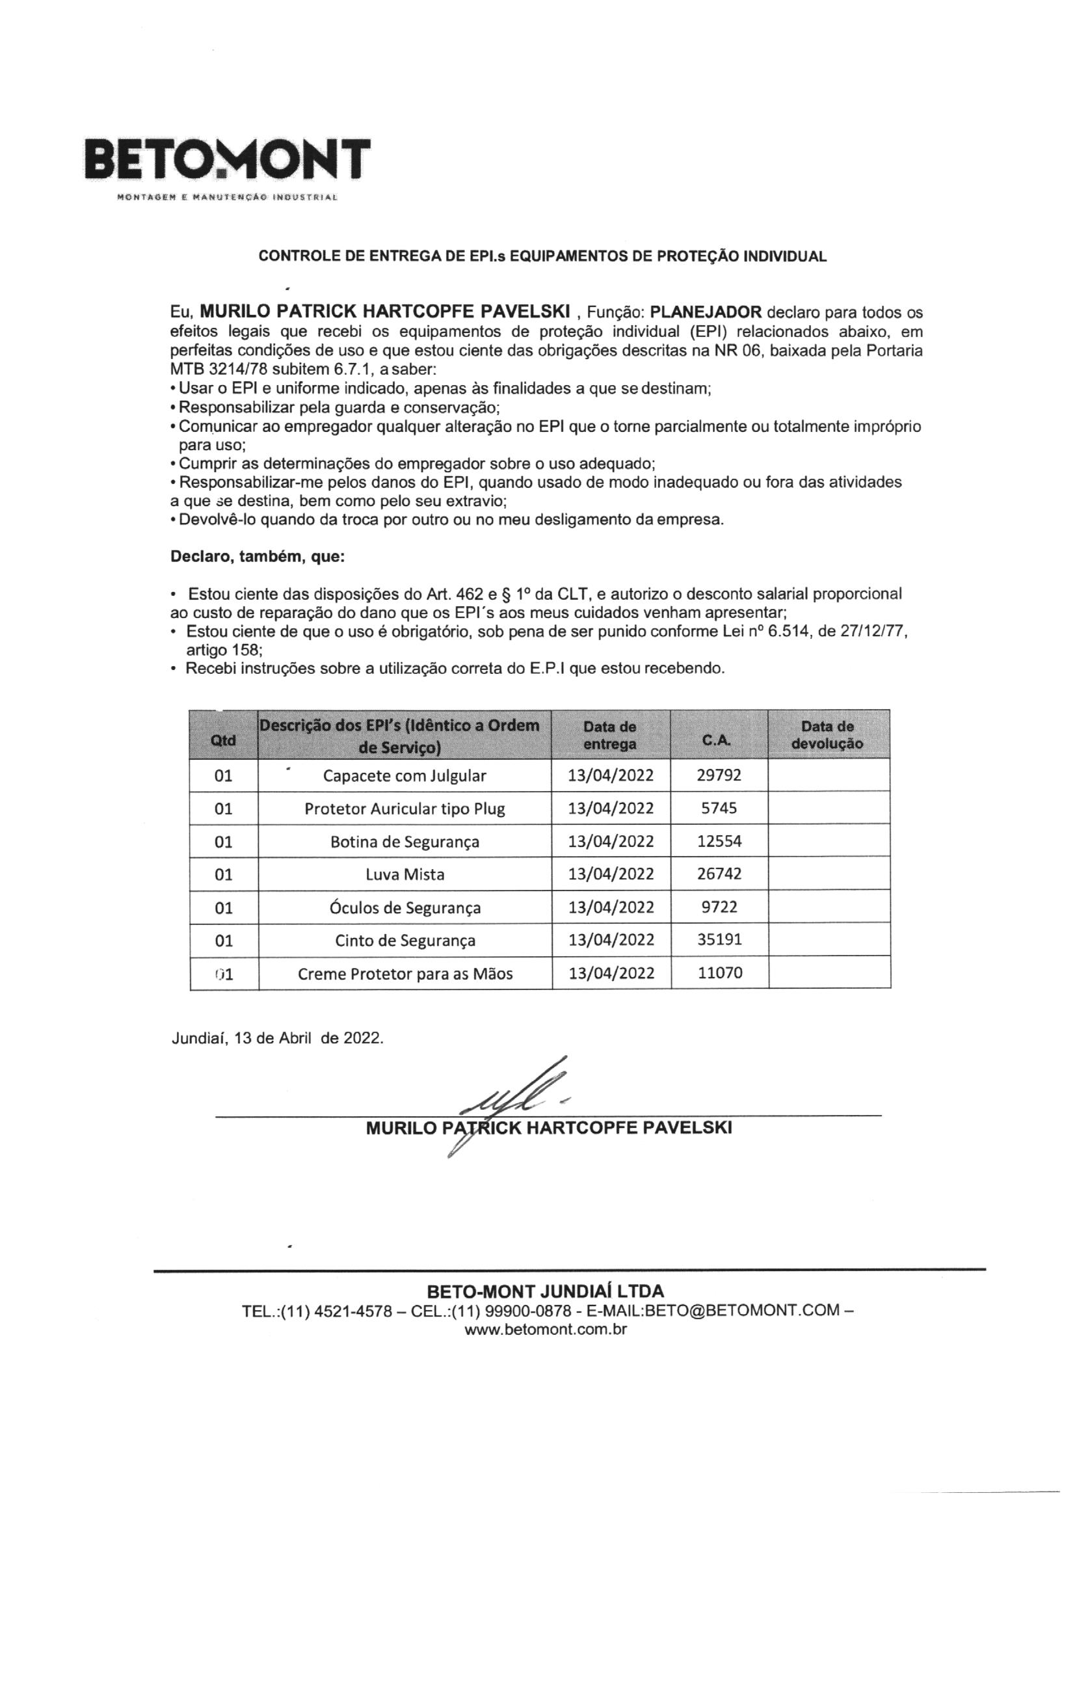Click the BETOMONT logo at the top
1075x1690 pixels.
(x=227, y=160)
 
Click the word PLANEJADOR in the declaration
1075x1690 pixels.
(x=706, y=312)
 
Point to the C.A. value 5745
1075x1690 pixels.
(x=719, y=808)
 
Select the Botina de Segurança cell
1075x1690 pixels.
(x=405, y=842)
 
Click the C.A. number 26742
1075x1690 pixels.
(x=719, y=874)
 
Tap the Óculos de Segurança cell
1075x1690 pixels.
(x=405, y=907)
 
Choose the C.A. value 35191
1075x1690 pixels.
(x=719, y=939)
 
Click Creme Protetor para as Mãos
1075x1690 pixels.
(x=405, y=973)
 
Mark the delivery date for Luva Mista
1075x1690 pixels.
(x=611, y=874)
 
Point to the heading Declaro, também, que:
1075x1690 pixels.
(x=258, y=557)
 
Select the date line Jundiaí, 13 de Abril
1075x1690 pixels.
(x=277, y=1038)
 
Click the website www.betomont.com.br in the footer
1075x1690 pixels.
(x=546, y=1329)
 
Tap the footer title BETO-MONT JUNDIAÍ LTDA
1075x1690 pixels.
(x=545, y=1291)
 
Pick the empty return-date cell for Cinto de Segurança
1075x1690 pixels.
(x=829, y=939)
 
